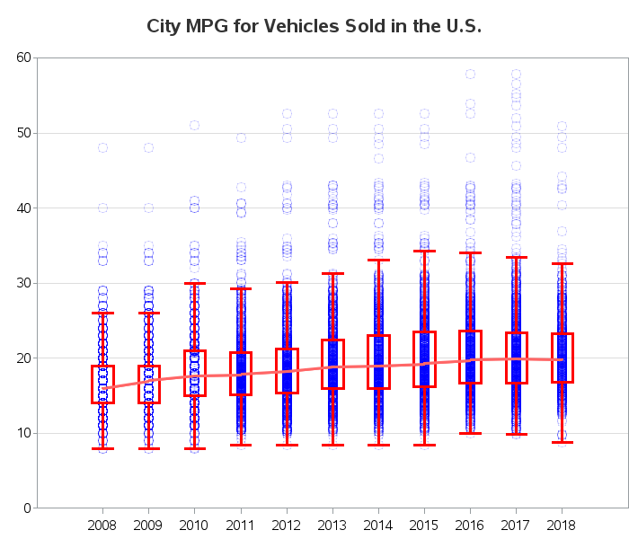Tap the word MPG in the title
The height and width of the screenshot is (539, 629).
(x=207, y=26)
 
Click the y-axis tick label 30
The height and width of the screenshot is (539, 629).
(x=23, y=283)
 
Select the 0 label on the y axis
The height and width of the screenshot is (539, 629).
(x=27, y=508)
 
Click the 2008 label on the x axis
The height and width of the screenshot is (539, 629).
(x=102, y=525)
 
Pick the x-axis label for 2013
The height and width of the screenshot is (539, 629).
(x=332, y=525)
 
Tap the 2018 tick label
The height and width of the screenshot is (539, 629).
(x=562, y=525)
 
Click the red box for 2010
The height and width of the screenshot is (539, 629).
(x=184, y=373)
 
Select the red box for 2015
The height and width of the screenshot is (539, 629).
(x=413, y=359)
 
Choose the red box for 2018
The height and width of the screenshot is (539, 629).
(x=553, y=358)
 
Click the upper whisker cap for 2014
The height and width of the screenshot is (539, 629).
(x=378, y=260)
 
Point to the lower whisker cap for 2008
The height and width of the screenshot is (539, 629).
(x=103, y=448)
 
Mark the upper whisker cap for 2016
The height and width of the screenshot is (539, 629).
(x=470, y=252)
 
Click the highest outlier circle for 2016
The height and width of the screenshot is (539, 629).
(x=470, y=75)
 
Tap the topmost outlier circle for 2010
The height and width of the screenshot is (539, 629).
(x=195, y=126)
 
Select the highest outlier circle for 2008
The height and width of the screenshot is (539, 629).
(x=103, y=147)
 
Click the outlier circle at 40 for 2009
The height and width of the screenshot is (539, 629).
(x=149, y=208)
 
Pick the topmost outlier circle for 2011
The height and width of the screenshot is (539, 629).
(x=241, y=138)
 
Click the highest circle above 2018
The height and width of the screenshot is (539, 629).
(x=562, y=127)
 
